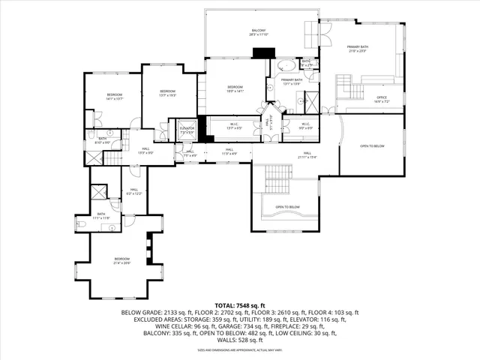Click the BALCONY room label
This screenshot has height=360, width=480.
click(x=259, y=31)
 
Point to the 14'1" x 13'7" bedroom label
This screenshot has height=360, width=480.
click(x=114, y=96)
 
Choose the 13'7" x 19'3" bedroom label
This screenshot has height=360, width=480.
click(x=166, y=93)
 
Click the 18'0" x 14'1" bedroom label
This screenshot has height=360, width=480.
click(x=235, y=89)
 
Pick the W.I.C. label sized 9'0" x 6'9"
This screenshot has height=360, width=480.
click(x=306, y=125)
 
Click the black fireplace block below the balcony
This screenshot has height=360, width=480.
click(x=263, y=52)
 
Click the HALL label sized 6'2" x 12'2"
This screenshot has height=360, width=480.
click(x=133, y=191)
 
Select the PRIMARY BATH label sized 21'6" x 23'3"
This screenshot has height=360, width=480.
click(x=358, y=49)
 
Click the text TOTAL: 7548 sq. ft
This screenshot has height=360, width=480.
click(x=240, y=306)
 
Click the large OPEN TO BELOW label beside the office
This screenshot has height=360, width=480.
click(x=372, y=145)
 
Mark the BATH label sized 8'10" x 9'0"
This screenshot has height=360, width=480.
click(x=102, y=140)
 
